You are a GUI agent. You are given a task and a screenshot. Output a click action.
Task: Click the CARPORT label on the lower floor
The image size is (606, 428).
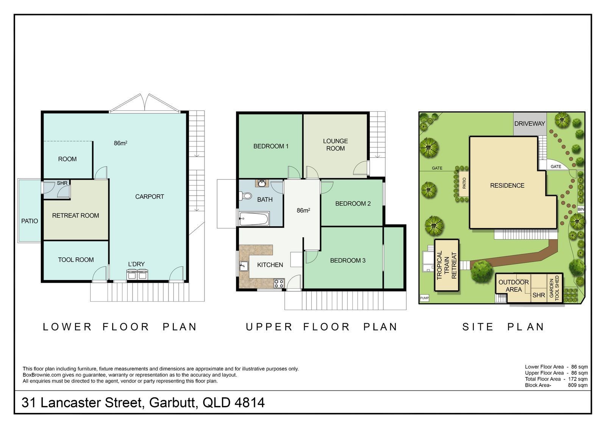coord(150,196)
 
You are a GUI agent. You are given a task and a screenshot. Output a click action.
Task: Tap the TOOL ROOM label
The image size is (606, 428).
coord(76,260)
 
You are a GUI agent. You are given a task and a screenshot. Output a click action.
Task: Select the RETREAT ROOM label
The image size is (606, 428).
coord(75,215)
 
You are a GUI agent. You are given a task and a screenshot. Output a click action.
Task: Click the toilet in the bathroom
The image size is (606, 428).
coord(245,196)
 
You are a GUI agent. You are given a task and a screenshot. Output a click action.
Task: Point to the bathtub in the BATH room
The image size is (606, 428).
coord(254,219)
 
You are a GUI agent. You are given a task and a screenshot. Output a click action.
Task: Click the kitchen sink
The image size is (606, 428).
coord(244,266)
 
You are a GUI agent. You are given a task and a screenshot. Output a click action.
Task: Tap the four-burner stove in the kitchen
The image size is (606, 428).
coord(279,283)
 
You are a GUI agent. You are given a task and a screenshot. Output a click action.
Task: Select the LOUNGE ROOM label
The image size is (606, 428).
coord(336,145)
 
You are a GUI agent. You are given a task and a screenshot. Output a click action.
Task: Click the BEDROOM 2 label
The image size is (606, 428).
coord(353,204)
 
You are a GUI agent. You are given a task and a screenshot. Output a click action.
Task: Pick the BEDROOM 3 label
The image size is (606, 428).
coord(348,260)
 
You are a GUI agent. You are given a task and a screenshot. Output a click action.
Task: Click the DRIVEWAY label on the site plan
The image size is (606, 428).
coord(529,124)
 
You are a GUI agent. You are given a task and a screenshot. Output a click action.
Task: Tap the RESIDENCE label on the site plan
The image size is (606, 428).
coord(507,185)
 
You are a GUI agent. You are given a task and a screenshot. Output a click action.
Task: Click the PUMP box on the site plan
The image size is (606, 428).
coord(424,298)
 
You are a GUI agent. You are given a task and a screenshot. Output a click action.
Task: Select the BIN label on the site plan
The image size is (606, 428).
coord(581,209)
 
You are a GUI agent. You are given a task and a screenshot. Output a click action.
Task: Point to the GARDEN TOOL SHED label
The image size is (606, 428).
coord(554,288)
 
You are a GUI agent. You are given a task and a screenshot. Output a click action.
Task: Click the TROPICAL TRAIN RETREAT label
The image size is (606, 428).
coord(447,265)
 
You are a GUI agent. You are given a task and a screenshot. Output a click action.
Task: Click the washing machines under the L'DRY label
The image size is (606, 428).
coord(137,275)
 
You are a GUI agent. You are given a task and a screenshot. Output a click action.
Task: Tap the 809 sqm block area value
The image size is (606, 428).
coord(578,385)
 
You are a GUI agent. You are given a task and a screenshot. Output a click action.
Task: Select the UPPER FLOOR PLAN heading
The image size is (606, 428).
coord(322,327)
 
